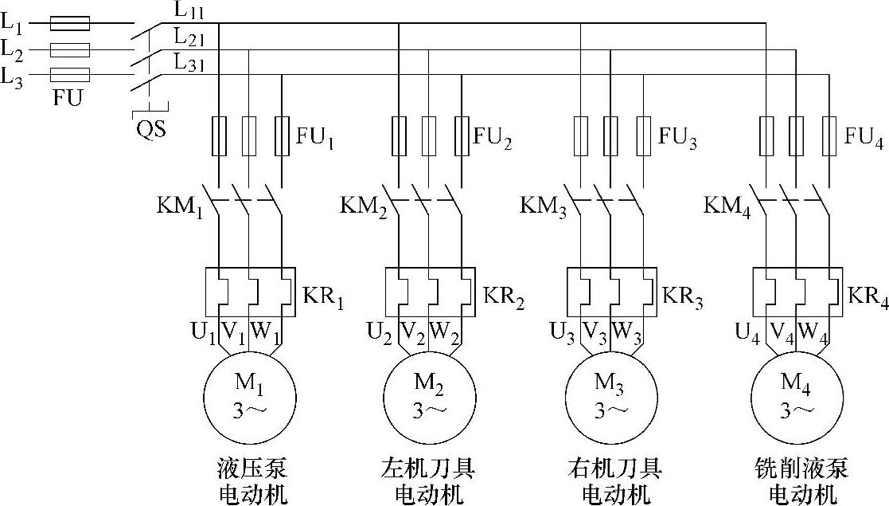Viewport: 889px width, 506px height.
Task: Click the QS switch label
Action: pyautogui.click(x=150, y=128)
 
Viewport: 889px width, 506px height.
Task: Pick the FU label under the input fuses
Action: pyautogui.click(x=68, y=100)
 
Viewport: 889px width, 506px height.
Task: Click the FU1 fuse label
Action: pyautogui.click(x=315, y=139)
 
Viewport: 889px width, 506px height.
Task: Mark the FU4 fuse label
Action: pyautogui.click(x=864, y=139)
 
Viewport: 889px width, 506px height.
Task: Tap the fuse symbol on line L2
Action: pyautogui.click(x=70, y=50)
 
